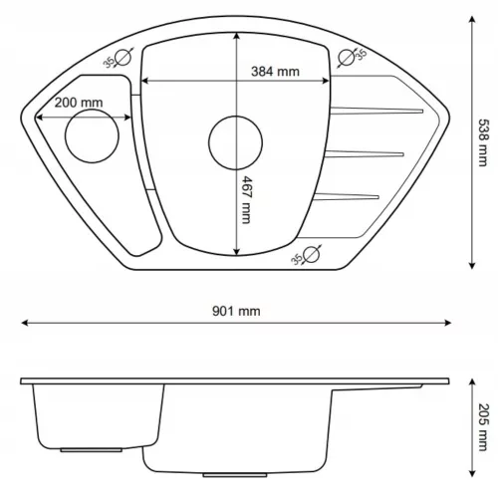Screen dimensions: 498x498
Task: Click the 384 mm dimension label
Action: [x=275, y=72]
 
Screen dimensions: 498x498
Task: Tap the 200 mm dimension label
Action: [x=79, y=103]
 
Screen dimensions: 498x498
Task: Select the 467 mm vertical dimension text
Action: [x=246, y=200]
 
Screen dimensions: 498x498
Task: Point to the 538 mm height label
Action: [x=483, y=142]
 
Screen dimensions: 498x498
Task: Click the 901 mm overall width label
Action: [x=236, y=311]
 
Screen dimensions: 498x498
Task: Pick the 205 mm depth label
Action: [x=483, y=427]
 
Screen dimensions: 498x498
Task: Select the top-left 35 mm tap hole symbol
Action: [x=123, y=58]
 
